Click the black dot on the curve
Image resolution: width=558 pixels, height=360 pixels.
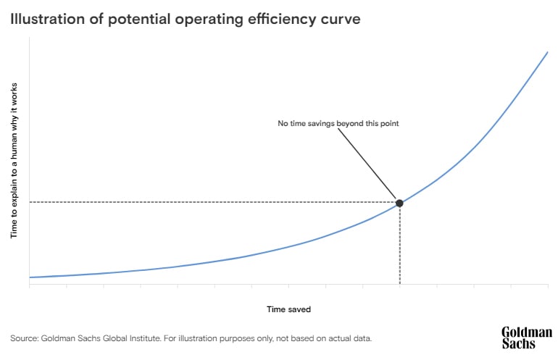399,202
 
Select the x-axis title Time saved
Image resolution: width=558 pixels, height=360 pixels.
288,309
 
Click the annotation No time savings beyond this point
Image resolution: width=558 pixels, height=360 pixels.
338,124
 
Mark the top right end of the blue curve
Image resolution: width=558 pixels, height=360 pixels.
546,52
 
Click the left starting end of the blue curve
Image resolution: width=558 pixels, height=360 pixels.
30,277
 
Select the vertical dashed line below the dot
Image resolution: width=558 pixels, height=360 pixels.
399,246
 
